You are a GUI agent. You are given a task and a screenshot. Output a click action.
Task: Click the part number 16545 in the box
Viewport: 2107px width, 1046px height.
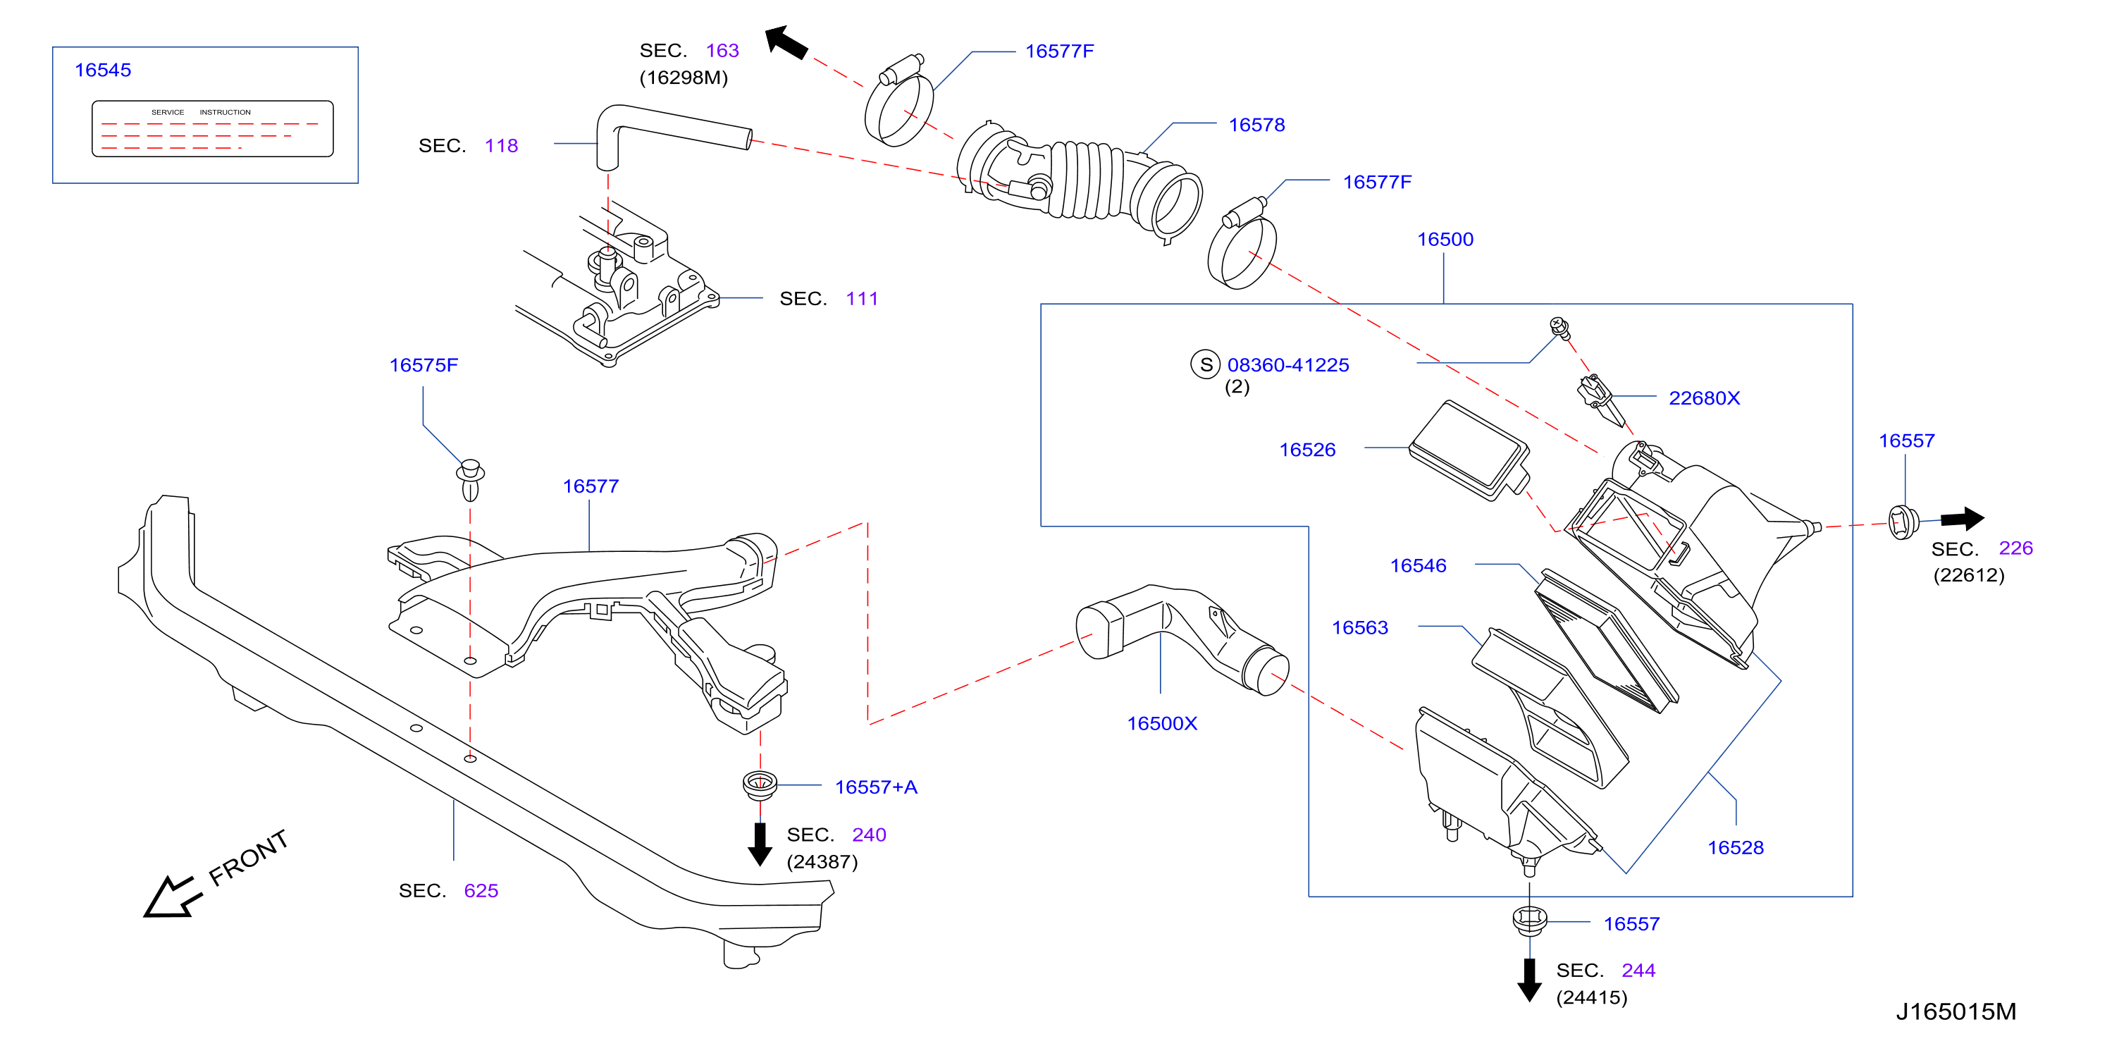coord(102,70)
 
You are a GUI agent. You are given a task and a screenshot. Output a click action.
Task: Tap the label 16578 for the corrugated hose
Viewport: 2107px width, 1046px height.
coord(1256,125)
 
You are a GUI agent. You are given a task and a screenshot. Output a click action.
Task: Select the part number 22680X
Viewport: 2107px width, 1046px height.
coord(1704,398)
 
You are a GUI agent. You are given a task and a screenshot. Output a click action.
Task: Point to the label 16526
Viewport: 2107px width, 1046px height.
coord(1307,450)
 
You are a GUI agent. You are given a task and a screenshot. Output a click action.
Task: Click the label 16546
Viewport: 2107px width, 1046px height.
coord(1419,566)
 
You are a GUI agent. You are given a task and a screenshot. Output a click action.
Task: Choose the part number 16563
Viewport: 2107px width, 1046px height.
coord(1359,628)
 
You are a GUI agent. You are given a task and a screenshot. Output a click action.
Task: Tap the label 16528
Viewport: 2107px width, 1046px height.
coord(1735,848)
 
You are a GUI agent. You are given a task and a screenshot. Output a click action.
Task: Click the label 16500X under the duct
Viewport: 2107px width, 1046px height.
coord(1161,724)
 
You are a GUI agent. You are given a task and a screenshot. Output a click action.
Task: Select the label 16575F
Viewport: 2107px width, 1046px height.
coord(424,366)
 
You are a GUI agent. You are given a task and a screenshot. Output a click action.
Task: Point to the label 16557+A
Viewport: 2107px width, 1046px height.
coord(876,787)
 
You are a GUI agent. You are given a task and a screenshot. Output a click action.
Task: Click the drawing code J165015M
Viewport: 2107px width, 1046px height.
coord(1955,1012)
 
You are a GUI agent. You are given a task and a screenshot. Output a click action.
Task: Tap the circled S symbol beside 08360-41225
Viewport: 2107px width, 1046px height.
coord(1206,364)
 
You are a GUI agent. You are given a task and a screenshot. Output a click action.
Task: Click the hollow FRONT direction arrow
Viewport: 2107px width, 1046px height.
coord(173,898)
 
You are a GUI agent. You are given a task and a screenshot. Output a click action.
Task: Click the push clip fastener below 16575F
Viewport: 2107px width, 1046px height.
coord(470,480)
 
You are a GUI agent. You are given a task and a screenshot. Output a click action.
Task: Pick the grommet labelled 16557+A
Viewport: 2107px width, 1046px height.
coord(760,784)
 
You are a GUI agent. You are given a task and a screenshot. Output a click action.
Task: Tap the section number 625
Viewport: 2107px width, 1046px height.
coord(481,892)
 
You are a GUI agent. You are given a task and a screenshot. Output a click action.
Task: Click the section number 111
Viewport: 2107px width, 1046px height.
coord(862,300)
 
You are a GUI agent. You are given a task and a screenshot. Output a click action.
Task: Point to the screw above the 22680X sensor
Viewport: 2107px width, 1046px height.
coord(1559,328)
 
